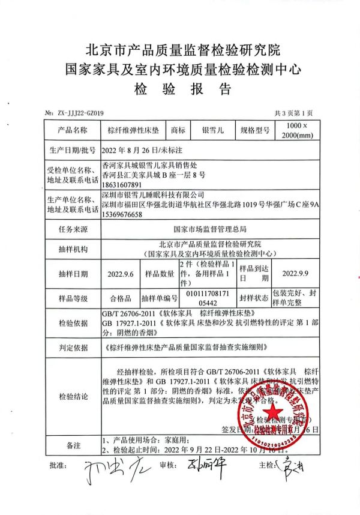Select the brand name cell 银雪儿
pos(212,130)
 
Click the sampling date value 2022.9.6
pos(121,273)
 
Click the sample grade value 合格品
pos(121,298)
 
